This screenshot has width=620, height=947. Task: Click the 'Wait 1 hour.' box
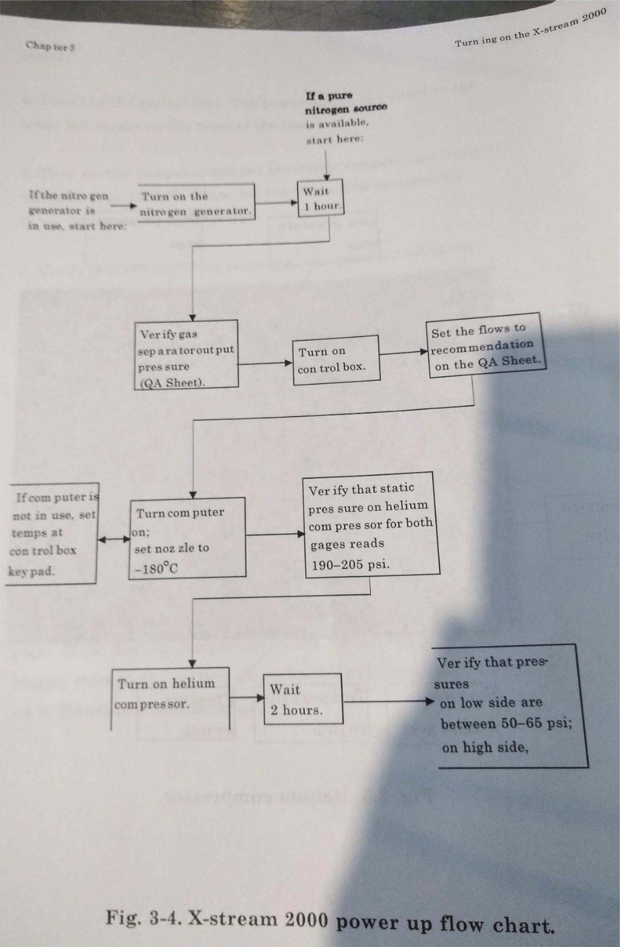coord(320,199)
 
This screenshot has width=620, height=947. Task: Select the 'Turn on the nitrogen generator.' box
coord(196,203)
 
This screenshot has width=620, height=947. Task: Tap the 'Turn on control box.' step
coord(336,360)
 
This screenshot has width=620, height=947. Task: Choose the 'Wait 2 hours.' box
coord(303,699)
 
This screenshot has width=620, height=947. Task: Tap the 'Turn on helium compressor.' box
coord(170,694)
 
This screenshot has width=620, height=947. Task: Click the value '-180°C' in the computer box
coord(156,569)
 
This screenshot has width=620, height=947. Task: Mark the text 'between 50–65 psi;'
coord(506,724)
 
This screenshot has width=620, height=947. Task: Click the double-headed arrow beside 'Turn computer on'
coord(114,539)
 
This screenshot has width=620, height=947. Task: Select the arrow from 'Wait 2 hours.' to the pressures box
coord(389,701)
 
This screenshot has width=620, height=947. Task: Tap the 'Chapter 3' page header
coord(50,46)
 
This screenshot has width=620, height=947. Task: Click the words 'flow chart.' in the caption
coord(497,924)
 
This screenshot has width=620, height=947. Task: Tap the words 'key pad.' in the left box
coord(31,571)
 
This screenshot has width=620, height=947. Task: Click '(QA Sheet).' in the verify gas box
coord(173,383)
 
